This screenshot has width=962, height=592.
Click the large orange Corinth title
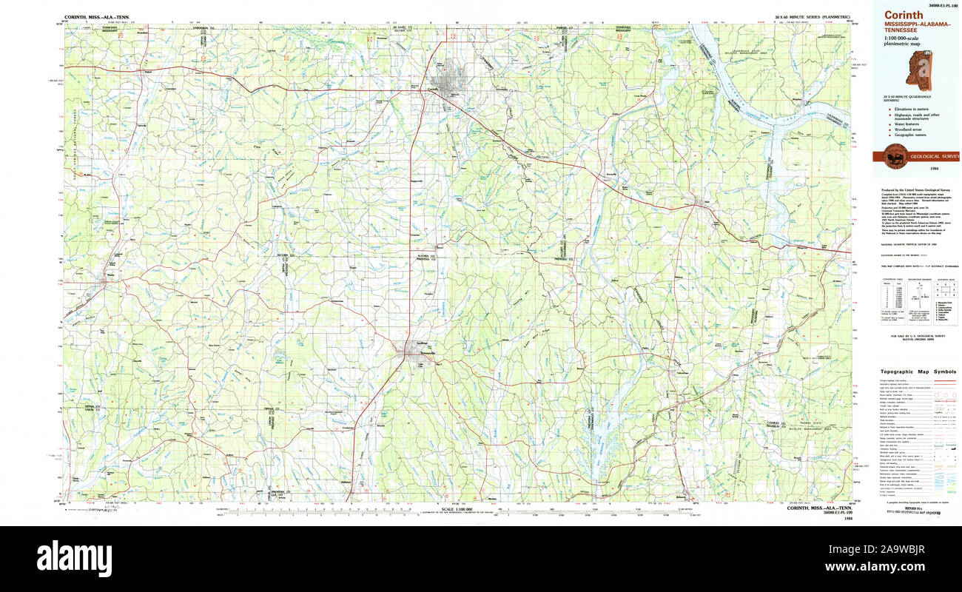[903, 15]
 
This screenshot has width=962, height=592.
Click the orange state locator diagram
[921, 71]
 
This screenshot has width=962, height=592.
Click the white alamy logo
[74, 556]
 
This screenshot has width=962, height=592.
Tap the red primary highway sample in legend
[944, 380]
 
